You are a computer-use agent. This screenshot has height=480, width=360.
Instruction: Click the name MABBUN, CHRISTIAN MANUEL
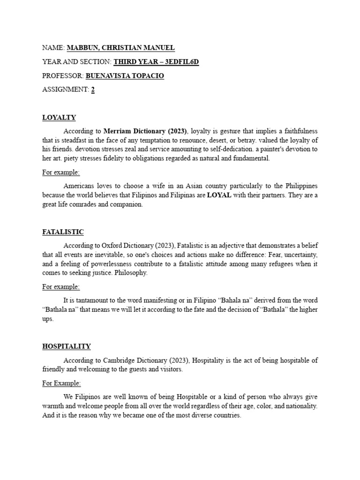pyautogui.click(x=120, y=47)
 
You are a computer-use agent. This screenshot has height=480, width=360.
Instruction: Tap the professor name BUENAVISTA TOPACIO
pyautogui.click(x=125, y=75)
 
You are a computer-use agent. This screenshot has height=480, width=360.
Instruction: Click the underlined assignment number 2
pyautogui.click(x=93, y=90)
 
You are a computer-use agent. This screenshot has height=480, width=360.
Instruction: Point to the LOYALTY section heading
pyautogui.click(x=59, y=117)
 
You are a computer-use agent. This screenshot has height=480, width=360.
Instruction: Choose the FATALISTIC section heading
pyautogui.click(x=63, y=232)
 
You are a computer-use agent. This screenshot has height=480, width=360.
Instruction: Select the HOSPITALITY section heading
pyautogui.click(x=67, y=346)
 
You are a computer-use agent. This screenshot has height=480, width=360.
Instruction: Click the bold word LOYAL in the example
pyautogui.click(x=219, y=195)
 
